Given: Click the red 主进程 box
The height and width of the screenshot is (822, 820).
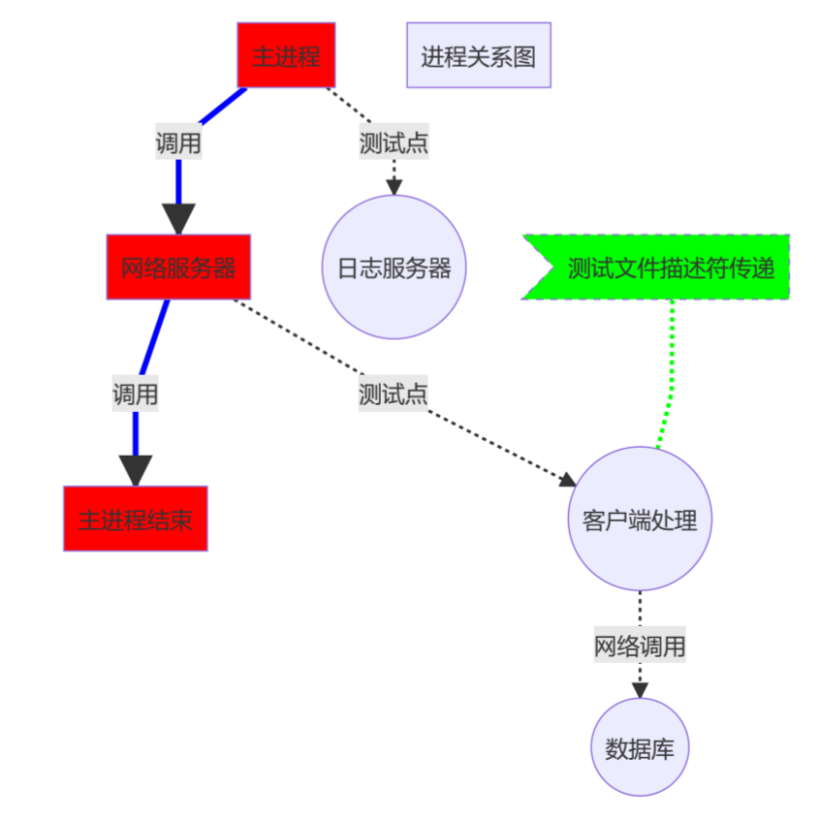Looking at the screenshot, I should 286,55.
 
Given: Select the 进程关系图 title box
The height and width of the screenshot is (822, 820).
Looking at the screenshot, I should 478,55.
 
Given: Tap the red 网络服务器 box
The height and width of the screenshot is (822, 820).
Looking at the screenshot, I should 178,267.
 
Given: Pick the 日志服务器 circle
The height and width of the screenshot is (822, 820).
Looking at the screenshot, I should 394,268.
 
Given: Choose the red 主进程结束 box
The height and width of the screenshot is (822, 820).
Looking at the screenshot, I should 136,519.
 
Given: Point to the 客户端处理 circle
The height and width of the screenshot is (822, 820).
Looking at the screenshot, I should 640,519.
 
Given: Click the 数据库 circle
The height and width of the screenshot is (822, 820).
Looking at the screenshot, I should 640,747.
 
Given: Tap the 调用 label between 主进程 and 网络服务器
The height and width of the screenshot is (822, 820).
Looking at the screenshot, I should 178,143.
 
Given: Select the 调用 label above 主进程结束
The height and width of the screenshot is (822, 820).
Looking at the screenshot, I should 135,395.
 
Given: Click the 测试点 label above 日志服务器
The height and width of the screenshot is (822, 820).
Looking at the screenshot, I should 394,143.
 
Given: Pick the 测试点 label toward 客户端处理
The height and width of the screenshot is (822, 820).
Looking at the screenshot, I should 393,394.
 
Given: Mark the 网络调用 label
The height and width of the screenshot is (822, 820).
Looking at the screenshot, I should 640,646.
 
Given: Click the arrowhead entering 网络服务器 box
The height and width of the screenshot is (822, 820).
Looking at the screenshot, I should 178,219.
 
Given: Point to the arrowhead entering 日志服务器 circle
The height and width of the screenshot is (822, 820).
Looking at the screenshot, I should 394,188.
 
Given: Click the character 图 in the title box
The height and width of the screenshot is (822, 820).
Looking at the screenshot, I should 524,56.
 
